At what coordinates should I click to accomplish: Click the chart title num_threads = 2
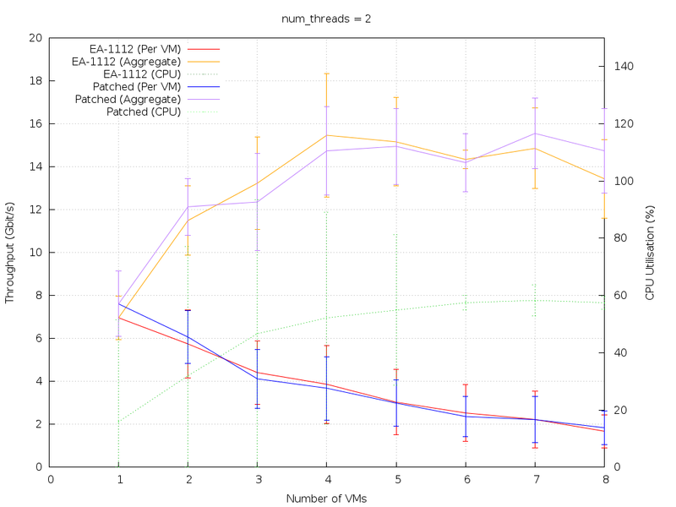point(326,19)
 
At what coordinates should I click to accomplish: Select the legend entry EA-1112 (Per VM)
point(135,49)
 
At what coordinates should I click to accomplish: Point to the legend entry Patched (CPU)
point(143,112)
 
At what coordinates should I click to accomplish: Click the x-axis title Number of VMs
point(326,499)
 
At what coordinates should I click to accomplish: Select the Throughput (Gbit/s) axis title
point(11,252)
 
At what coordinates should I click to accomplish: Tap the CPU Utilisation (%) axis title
point(650,252)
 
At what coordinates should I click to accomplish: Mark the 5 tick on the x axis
point(395,479)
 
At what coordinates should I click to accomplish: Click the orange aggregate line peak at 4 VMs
point(326,135)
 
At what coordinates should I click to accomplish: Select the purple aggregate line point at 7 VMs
point(534,134)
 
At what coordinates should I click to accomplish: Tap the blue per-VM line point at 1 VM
point(119,303)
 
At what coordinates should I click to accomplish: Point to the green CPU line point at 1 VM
point(119,422)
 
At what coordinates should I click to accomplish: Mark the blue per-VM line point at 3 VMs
point(257,379)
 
